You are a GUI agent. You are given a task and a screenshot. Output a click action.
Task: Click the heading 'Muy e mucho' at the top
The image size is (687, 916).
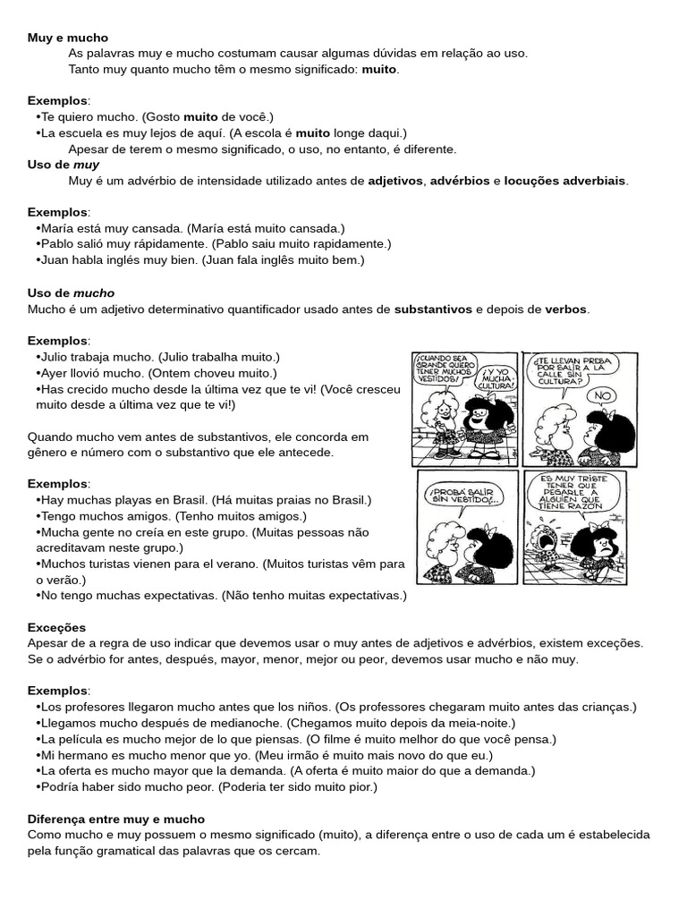pyautogui.click(x=67, y=38)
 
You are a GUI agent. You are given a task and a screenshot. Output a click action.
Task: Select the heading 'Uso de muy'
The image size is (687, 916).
pyautogui.click(x=63, y=165)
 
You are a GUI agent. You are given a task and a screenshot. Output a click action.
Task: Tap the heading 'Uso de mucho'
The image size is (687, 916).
pyautogui.click(x=71, y=293)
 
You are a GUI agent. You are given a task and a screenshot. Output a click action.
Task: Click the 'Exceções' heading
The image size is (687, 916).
pyautogui.click(x=56, y=627)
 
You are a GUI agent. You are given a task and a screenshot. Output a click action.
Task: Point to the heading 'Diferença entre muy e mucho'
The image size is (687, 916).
pyautogui.click(x=115, y=818)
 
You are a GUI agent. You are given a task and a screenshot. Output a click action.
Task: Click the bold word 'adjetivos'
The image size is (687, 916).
pyautogui.click(x=394, y=181)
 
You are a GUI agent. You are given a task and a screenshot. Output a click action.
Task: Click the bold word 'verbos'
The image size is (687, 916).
pyautogui.click(x=565, y=309)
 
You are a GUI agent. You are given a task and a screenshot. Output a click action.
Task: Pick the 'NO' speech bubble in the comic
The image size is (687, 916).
pyautogui.click(x=606, y=394)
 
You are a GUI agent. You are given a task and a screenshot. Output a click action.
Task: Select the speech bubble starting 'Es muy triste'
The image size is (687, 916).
pyautogui.click(x=573, y=493)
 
